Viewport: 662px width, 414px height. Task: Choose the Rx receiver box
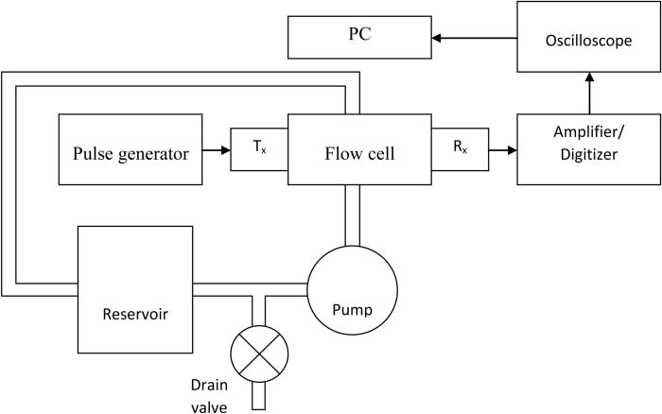[x=459, y=149]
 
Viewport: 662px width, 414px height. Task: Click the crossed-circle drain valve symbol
[x=258, y=353]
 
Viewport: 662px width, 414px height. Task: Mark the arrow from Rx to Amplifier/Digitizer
[x=501, y=149]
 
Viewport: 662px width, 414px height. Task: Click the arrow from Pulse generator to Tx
[x=217, y=149]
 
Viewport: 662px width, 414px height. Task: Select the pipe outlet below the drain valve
[x=258, y=397]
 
